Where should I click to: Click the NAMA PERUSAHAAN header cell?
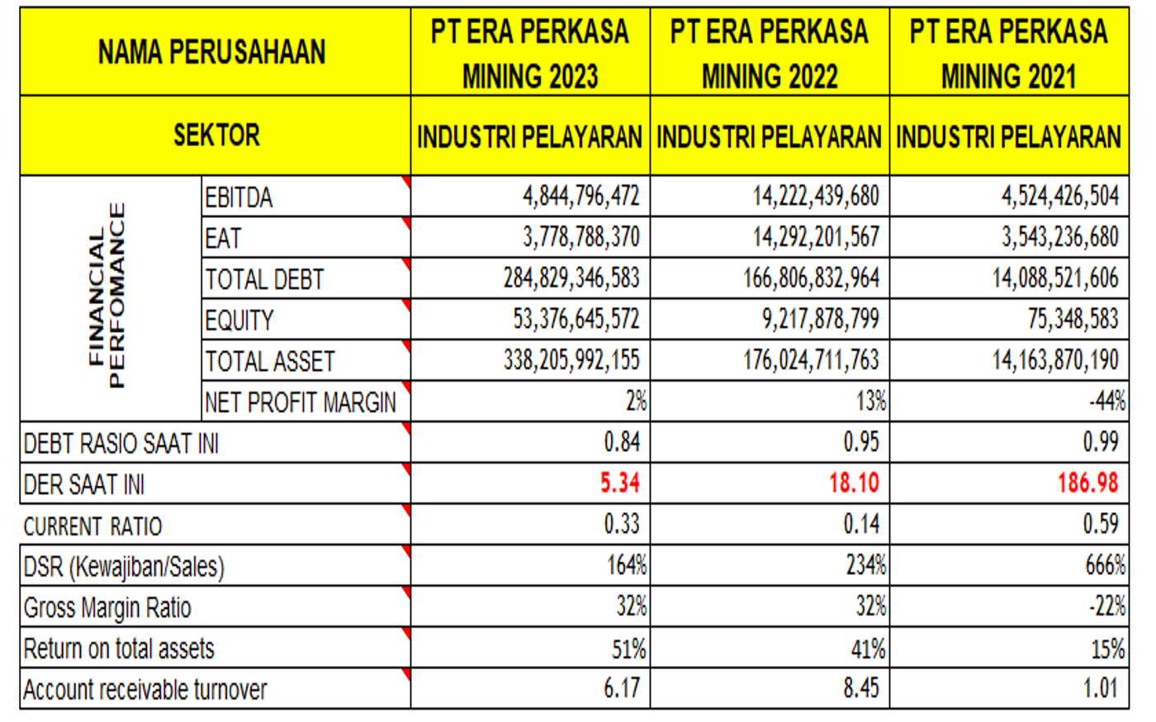coord(212,52)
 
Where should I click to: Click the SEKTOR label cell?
coord(216,135)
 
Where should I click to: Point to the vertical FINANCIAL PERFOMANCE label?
coord(108,296)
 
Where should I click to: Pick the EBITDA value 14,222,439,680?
coord(816,197)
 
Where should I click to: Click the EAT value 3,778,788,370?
coord(581,237)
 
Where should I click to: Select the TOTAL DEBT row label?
coord(265,279)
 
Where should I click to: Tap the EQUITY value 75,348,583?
coord(1073,319)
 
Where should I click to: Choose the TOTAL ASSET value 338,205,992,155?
coord(571,360)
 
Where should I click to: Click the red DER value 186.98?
coord(1087,482)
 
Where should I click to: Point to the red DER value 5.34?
coord(619,482)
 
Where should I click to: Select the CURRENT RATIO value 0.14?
coord(861,524)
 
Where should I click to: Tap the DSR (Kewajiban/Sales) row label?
coord(124,567)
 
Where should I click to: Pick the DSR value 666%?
coord(1105,565)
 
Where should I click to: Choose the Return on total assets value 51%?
coord(628,648)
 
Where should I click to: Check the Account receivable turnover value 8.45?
coord(861,688)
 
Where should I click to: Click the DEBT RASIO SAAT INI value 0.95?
coord(861,442)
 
